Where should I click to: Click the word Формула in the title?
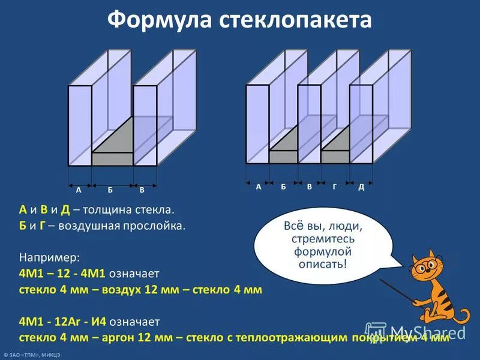(156, 20)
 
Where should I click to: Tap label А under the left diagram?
(79, 190)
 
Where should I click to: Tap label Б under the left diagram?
(110, 190)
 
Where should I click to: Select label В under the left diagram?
(142, 190)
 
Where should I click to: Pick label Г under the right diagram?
(334, 187)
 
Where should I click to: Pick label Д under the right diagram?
(361, 187)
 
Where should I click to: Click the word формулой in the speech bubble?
(322, 251)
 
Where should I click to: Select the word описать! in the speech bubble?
(323, 264)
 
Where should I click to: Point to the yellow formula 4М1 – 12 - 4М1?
(63, 274)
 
